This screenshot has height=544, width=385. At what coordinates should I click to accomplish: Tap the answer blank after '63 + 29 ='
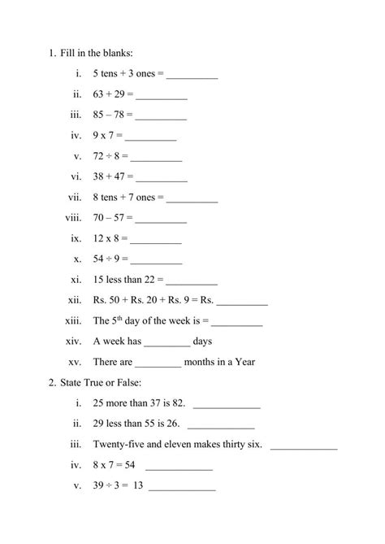click(x=161, y=98)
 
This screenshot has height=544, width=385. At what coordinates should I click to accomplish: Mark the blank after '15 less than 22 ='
click(x=192, y=282)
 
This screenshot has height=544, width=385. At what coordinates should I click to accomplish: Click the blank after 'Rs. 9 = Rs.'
click(x=242, y=302)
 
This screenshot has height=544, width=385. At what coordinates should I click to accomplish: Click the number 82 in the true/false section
click(x=177, y=403)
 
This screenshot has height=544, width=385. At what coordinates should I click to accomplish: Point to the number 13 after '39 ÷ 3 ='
click(x=137, y=487)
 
